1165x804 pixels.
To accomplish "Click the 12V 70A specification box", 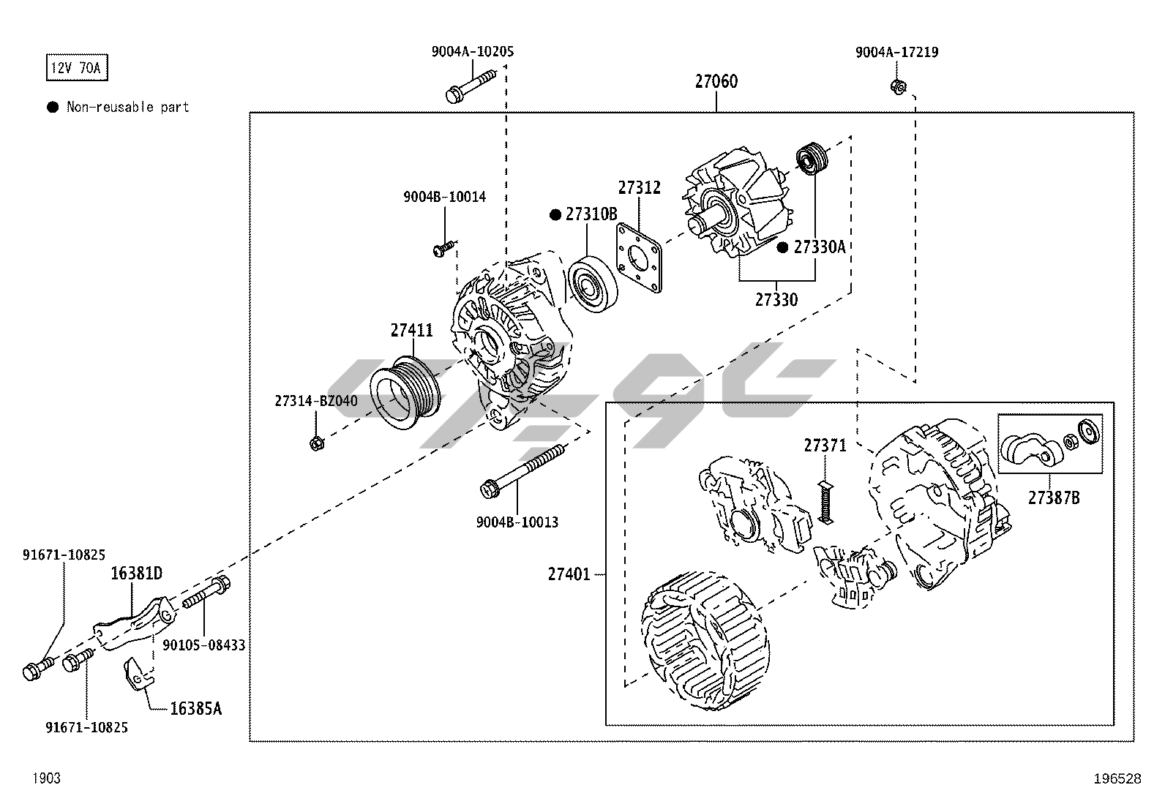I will [x=77, y=69].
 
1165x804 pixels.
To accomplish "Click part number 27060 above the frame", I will [x=716, y=81].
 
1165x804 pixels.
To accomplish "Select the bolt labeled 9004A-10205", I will [x=468, y=85].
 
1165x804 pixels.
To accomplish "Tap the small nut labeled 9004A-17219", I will [x=898, y=86].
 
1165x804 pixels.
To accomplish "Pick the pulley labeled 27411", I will [x=405, y=392].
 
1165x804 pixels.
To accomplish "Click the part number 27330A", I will [x=819, y=247].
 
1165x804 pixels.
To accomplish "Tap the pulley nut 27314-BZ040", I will [x=317, y=443].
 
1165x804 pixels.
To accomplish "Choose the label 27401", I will [x=569, y=574].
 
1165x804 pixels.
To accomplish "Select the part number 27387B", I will [x=1053, y=497].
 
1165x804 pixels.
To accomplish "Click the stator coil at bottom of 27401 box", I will [x=705, y=642].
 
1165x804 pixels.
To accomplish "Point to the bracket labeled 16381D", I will [x=136, y=623].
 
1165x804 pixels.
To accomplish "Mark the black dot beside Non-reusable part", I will [x=53, y=108].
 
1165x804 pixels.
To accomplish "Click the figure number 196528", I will [x=1117, y=779].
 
